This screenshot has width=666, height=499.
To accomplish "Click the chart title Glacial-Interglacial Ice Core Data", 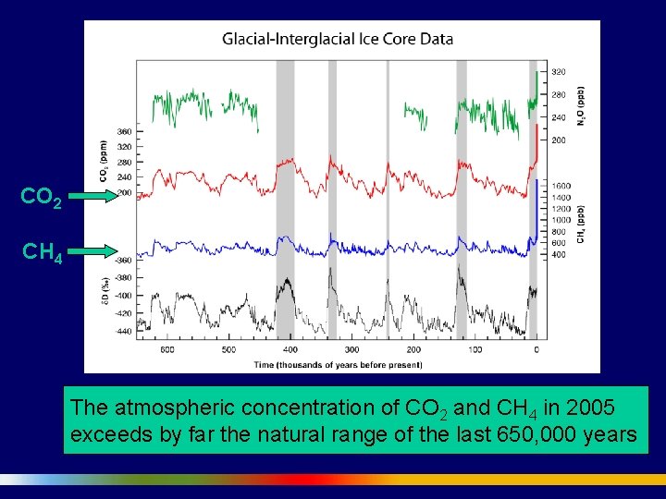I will (337, 39).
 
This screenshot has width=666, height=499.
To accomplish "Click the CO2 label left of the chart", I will (42, 198).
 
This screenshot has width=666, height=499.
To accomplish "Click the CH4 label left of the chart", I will (42, 251).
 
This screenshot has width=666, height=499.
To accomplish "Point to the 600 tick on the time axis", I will (167, 350).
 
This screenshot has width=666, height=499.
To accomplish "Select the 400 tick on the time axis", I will (290, 350).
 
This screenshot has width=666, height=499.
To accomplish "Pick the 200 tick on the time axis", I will (413, 350).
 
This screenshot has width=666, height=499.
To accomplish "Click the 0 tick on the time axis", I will (536, 350).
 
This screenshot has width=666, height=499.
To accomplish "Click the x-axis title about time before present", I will (337, 364).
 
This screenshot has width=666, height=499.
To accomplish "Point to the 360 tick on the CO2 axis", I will (124, 131).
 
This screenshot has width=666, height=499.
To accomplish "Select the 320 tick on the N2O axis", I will (559, 72).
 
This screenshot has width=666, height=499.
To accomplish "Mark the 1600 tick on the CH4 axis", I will (561, 186).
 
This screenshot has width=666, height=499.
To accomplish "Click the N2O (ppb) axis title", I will (580, 107).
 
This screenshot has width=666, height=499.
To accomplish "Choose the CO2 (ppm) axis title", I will (104, 161).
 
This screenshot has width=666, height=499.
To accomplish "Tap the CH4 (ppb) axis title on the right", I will (581, 226).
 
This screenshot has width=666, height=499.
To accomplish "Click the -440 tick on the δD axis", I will (123, 330).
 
